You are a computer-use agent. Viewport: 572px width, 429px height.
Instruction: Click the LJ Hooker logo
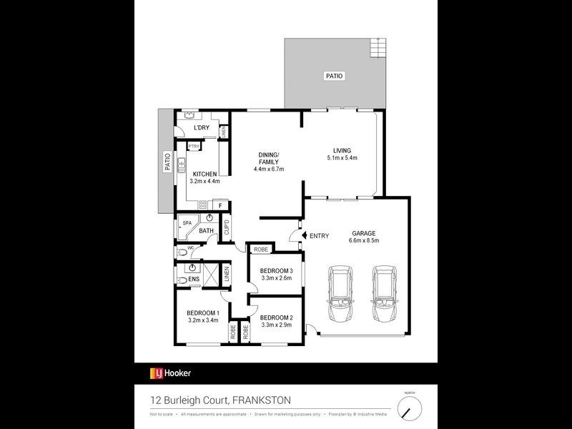click(170, 373)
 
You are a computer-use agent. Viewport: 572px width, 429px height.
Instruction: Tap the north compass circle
click(410, 408)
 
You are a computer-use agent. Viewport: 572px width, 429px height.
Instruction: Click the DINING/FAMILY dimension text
click(269, 169)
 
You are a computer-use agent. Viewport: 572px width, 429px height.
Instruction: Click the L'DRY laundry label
click(202, 128)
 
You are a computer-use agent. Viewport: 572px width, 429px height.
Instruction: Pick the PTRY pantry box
click(193, 146)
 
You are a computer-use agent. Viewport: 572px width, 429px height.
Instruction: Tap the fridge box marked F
click(220, 206)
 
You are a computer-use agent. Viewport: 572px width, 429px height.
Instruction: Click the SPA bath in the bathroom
click(187, 224)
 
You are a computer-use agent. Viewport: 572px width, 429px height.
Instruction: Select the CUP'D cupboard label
click(227, 228)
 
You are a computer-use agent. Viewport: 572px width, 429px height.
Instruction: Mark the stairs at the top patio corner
click(377, 49)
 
